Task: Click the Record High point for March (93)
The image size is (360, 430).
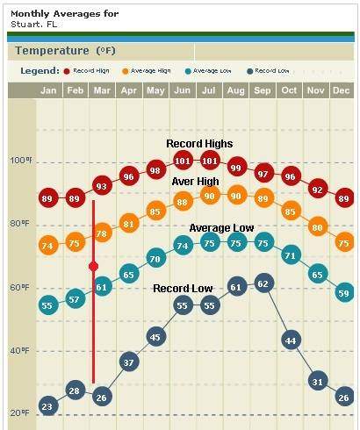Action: (x=102, y=186)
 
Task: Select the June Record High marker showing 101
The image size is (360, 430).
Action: (x=183, y=161)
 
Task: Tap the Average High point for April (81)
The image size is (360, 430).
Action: (x=129, y=224)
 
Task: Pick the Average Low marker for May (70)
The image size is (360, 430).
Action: (x=155, y=259)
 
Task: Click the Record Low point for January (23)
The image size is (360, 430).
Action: (x=47, y=405)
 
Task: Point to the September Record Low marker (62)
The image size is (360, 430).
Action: (x=263, y=283)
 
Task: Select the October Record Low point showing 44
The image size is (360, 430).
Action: (x=290, y=340)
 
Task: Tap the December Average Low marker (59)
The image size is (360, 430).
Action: (x=344, y=292)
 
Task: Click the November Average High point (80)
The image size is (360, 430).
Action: (x=318, y=227)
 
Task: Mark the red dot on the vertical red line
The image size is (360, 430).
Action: (x=93, y=266)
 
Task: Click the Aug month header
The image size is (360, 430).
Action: (x=236, y=90)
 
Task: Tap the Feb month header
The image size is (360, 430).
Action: (x=76, y=90)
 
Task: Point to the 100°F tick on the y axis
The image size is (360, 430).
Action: (x=19, y=161)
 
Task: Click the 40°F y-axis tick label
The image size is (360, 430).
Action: (x=19, y=350)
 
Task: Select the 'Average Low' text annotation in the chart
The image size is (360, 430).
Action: (x=221, y=228)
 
